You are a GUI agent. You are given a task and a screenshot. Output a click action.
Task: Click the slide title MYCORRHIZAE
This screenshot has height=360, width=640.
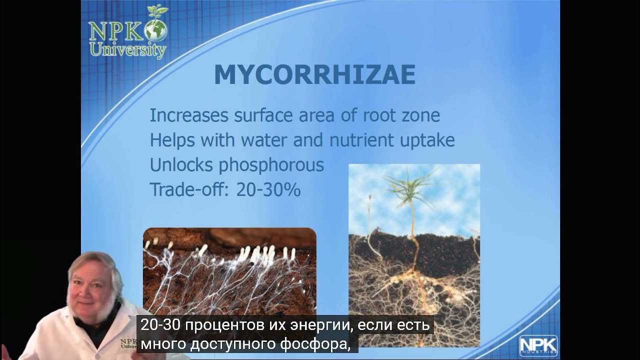tap(314, 75)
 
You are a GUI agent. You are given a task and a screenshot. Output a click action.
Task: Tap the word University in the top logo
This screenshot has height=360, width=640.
tap(127, 49)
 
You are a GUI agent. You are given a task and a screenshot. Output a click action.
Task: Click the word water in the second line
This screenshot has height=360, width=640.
tap(261, 140)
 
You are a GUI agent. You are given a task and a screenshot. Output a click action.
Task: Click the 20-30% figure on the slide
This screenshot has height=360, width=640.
tap(268, 190)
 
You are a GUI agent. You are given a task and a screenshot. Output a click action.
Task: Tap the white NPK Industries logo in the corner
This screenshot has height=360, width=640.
tap(538, 345)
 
